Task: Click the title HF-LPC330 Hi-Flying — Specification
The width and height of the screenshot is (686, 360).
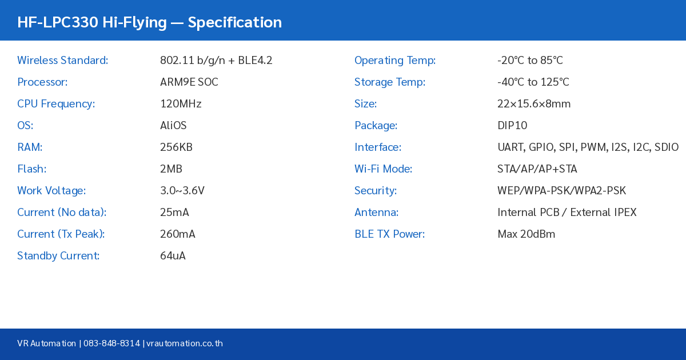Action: pos(149,22)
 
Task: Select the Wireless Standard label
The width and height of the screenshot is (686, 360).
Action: pos(62,61)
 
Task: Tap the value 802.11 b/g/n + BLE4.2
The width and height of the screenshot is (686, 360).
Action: pos(216,61)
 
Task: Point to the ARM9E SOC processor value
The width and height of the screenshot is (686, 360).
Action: pos(189,82)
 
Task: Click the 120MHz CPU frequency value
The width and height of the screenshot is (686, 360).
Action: pos(181,104)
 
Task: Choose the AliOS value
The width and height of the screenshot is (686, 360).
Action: pos(173,126)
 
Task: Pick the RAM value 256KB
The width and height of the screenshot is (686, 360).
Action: pos(176,147)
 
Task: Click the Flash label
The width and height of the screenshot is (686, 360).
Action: pos(31,169)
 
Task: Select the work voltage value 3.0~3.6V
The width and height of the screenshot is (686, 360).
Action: pos(182,191)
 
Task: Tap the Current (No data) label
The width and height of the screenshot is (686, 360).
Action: pos(62,213)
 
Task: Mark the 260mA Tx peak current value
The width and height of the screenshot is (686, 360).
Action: pos(177,234)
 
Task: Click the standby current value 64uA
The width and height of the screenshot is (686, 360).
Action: pos(173,256)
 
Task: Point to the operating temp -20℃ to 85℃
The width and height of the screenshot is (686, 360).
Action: pos(530,61)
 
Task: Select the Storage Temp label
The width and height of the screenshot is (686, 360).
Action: pos(389,82)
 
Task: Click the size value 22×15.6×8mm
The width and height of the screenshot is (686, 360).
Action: pos(533,104)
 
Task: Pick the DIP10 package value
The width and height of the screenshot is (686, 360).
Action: pos(512,126)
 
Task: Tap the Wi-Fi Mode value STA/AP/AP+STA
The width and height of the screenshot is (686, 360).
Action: pos(537,169)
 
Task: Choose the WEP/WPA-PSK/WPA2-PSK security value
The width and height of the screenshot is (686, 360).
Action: pos(561,191)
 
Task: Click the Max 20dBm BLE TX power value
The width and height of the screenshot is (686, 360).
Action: pos(526,234)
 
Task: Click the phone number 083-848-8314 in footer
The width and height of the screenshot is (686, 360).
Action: pos(111,343)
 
